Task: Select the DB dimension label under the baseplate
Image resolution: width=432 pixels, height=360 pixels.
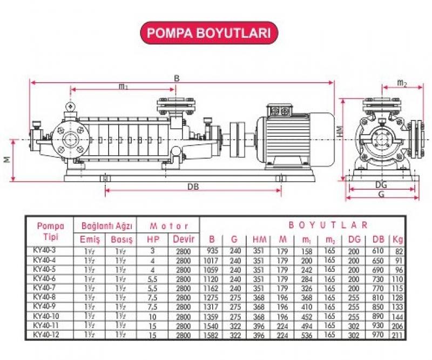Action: (x=193, y=185)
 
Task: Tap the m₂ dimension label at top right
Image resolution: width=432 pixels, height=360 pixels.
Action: (x=402, y=83)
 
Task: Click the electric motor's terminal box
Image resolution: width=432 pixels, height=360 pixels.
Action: (x=280, y=110)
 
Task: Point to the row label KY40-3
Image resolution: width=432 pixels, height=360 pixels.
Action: (x=44, y=251)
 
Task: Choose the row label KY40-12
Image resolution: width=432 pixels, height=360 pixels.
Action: (x=45, y=336)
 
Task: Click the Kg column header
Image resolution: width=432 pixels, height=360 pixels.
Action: (x=399, y=239)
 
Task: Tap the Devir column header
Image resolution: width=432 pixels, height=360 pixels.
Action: (x=183, y=239)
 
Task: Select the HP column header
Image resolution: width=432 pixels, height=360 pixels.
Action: (x=152, y=239)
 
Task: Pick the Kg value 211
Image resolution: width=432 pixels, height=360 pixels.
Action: (x=399, y=336)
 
